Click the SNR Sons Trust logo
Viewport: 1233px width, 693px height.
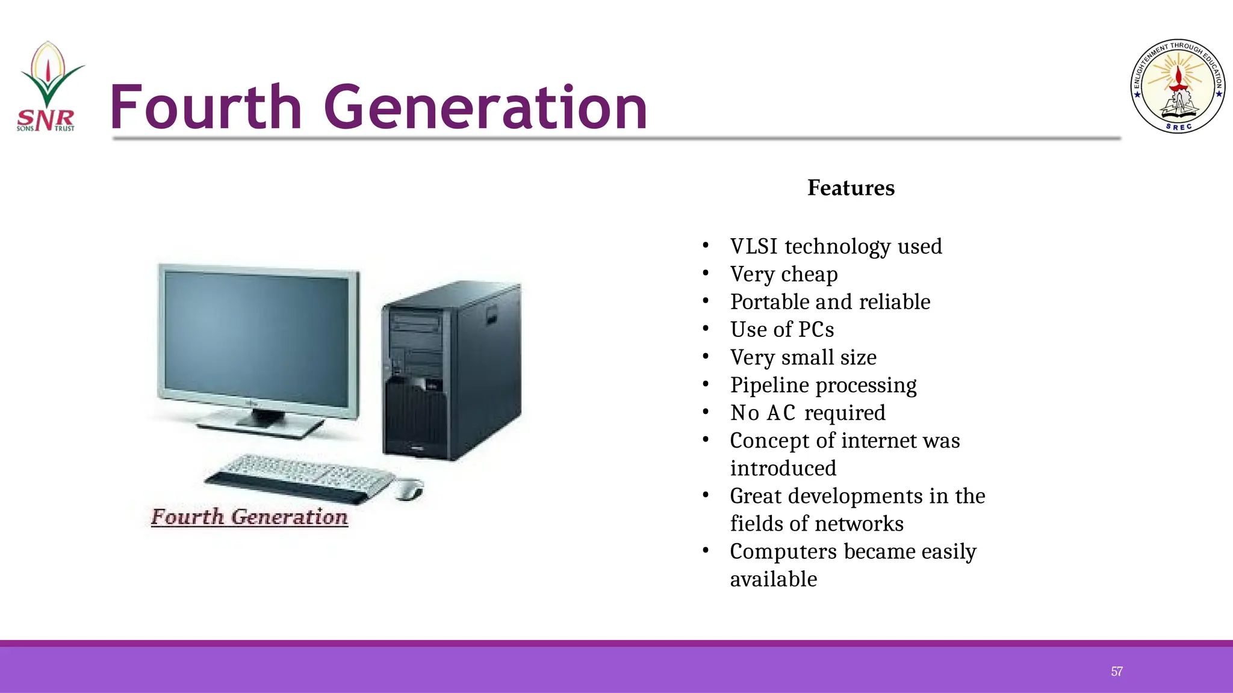(47, 88)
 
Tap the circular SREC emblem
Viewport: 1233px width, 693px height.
(1178, 87)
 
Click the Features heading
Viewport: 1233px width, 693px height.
(851, 188)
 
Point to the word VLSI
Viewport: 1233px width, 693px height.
(754, 247)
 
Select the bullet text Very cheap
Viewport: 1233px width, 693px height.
(783, 274)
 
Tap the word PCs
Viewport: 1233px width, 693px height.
(816, 330)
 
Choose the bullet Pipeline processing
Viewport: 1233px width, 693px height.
(823, 386)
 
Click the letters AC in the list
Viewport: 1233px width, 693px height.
(781, 413)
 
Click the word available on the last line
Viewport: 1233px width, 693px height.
(774, 579)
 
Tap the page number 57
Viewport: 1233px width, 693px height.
(1116, 671)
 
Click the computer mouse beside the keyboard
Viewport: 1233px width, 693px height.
(409, 489)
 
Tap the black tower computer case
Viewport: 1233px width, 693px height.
(452, 370)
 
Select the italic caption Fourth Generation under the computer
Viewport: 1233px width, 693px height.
(249, 517)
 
